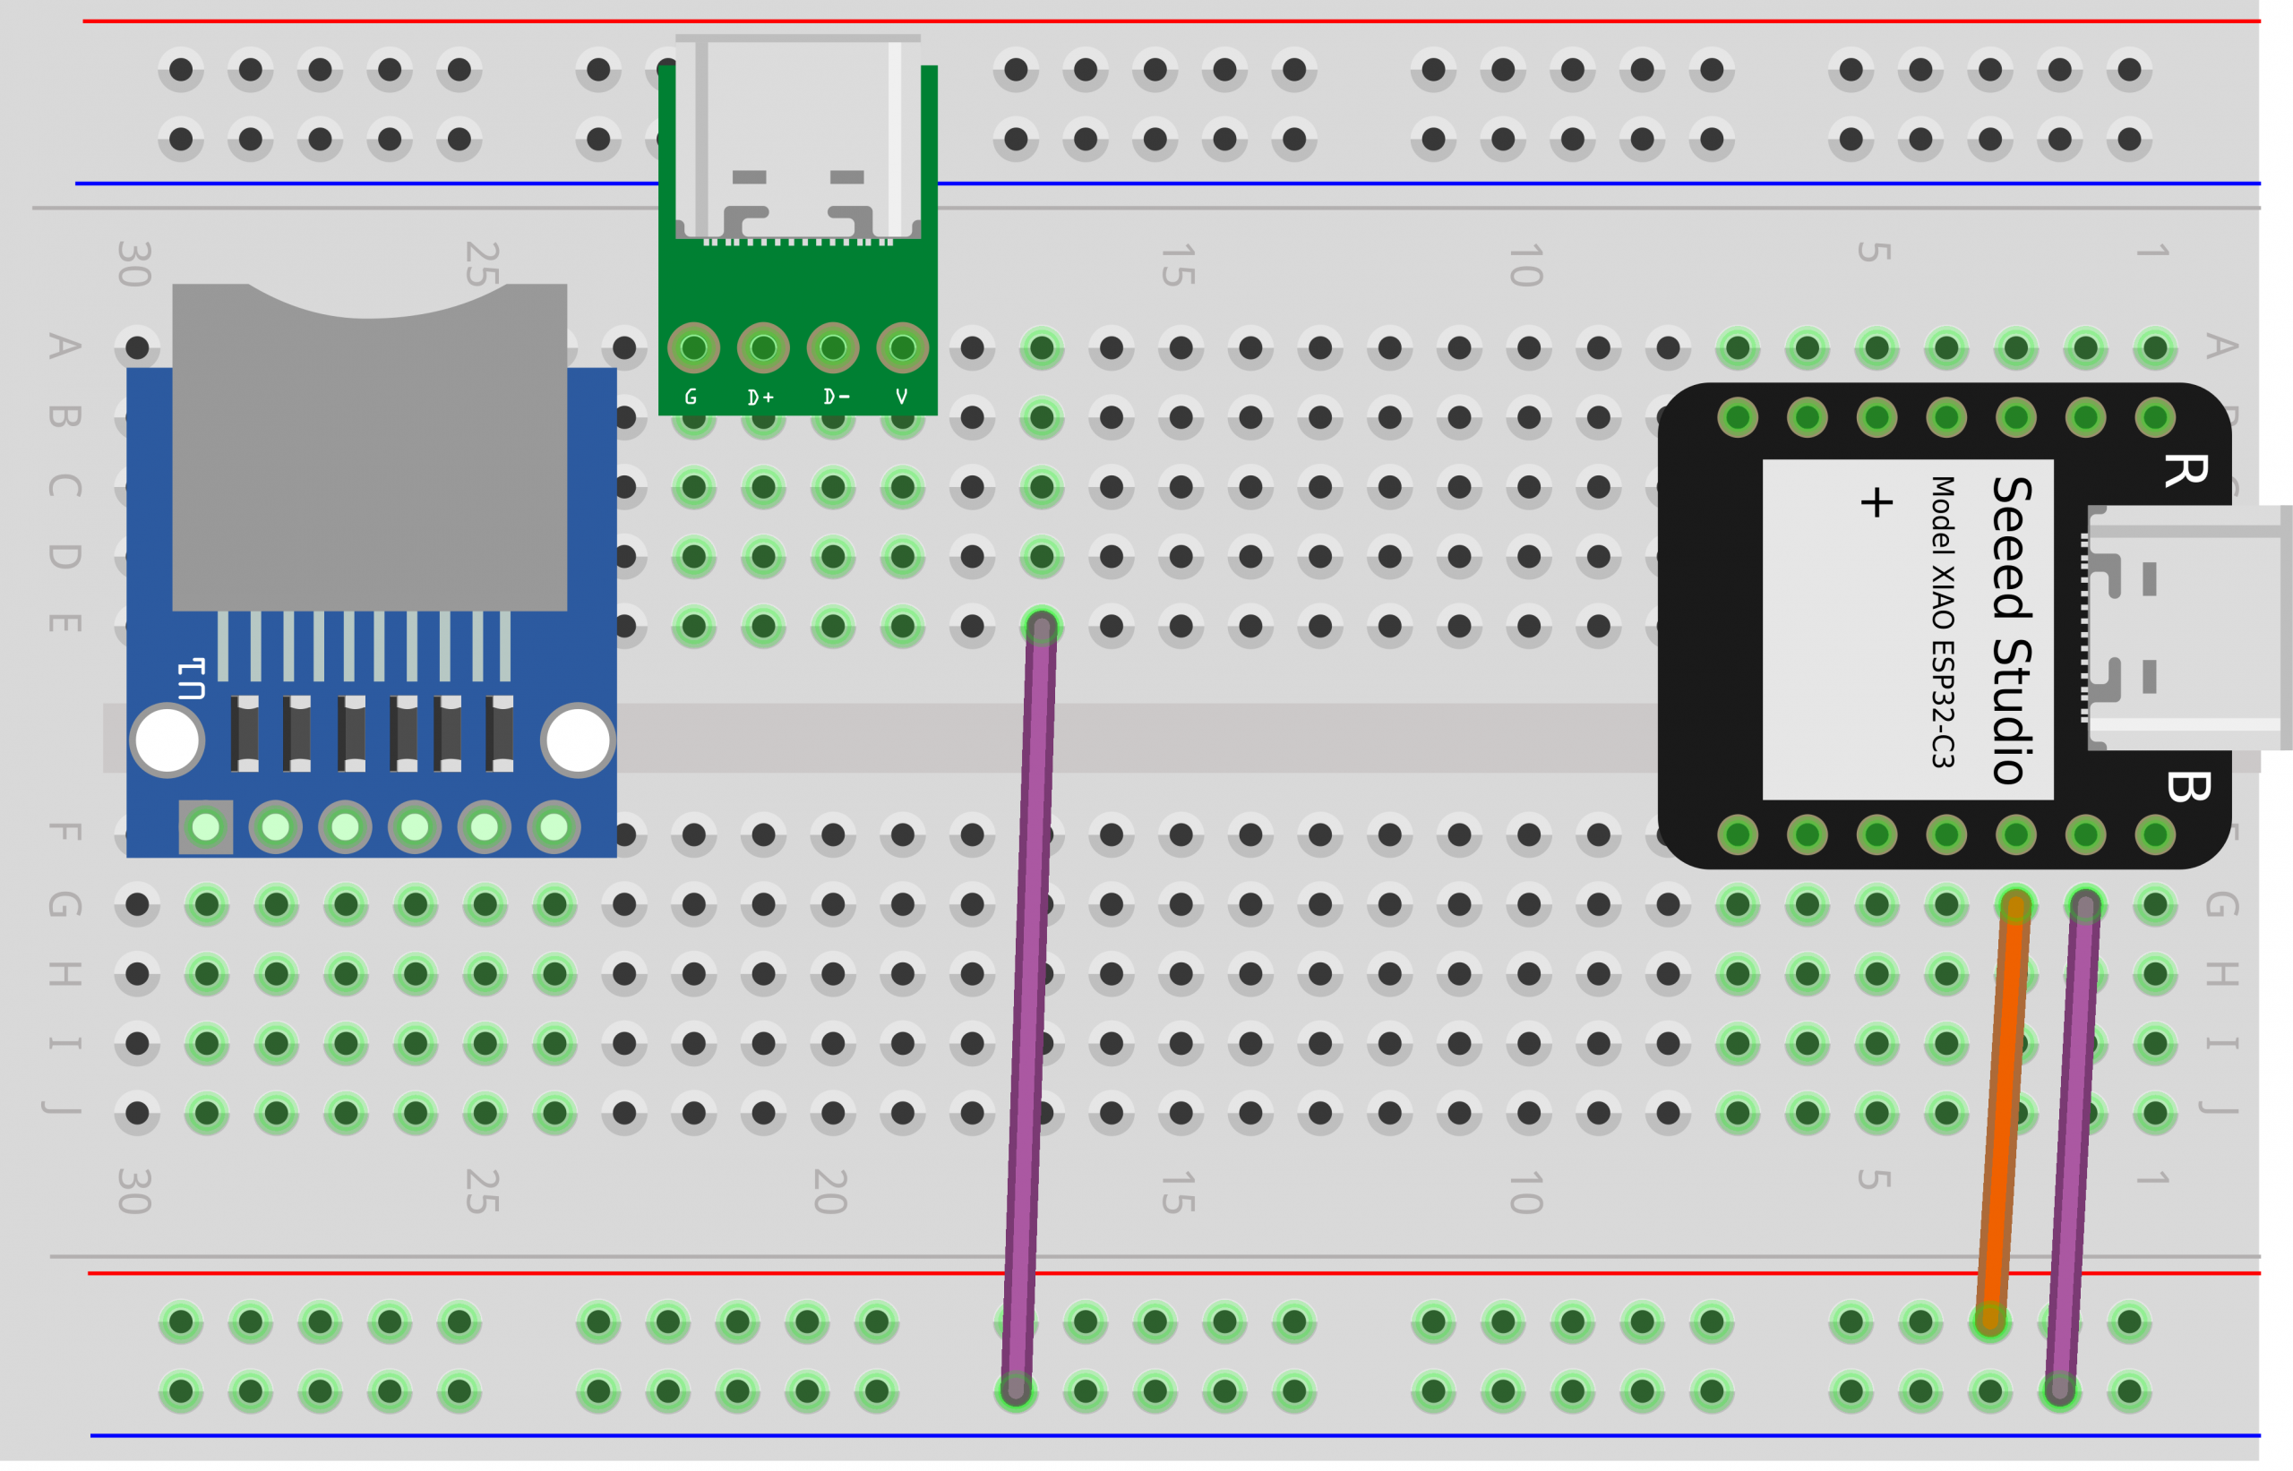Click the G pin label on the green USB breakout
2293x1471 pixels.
pos(691,397)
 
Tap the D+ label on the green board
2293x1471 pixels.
pos(761,397)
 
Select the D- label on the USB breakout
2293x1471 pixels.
pos(836,397)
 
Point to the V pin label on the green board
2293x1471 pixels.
pos(902,397)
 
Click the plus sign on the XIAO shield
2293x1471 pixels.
pos(1876,502)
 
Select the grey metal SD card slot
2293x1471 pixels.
pos(370,458)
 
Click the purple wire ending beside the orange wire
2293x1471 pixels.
pos(2074,1146)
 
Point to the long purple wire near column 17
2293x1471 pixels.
pos(1029,1003)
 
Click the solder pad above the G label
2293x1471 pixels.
pos(693,347)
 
